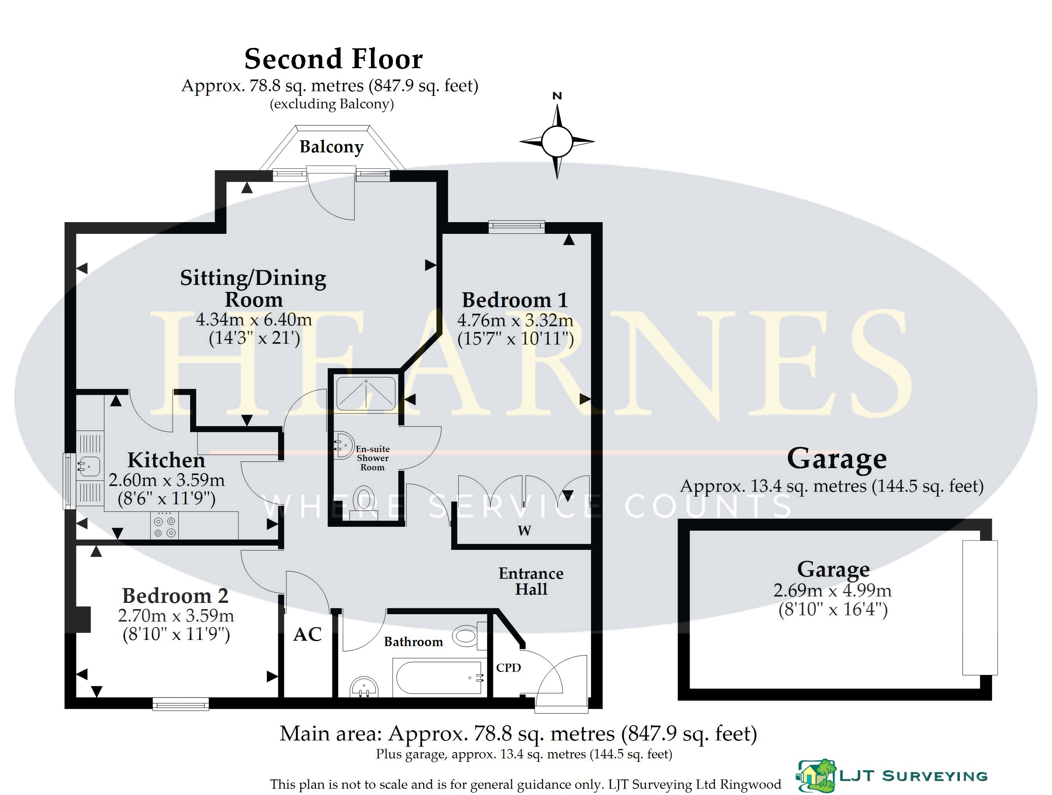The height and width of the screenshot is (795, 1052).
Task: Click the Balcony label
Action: [332, 147]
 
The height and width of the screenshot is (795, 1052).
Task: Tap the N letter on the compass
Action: [557, 96]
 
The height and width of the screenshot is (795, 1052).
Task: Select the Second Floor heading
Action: [334, 59]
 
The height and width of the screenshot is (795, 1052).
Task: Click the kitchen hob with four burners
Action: [164, 525]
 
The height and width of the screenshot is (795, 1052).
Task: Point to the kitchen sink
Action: [89, 466]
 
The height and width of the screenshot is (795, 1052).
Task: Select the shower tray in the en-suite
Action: [366, 394]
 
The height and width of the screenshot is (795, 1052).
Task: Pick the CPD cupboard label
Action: [508, 668]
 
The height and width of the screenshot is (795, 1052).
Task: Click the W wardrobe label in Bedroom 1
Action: [524, 530]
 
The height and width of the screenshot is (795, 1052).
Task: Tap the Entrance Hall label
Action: [531, 581]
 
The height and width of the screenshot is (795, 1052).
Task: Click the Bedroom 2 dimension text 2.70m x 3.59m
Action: [176, 616]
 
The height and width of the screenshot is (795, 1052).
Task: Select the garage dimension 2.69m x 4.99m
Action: [832, 590]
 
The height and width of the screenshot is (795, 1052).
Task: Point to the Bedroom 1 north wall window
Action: [517, 227]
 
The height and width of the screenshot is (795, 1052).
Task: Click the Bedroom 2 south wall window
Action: [181, 704]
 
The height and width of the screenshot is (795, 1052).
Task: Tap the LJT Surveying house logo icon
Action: [817, 776]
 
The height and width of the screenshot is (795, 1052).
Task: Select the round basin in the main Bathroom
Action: [364, 687]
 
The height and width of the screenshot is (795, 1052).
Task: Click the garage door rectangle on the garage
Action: [980, 608]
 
